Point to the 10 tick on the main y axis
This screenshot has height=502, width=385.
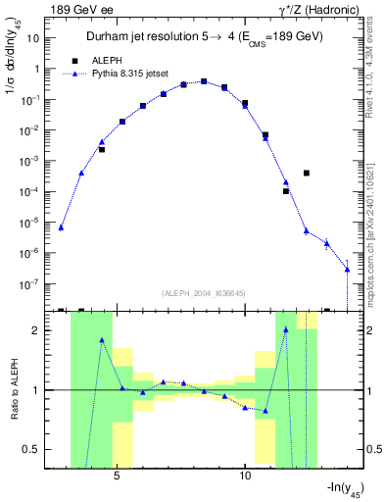pyautogui.click(x=35, y=37)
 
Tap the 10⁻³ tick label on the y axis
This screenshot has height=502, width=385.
pyautogui.click(x=31, y=161)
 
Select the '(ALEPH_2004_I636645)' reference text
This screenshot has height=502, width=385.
pyautogui.click(x=203, y=293)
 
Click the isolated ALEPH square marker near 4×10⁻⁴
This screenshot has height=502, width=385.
pyautogui.click(x=306, y=173)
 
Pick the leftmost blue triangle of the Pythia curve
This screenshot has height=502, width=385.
pyautogui.click(x=61, y=227)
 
